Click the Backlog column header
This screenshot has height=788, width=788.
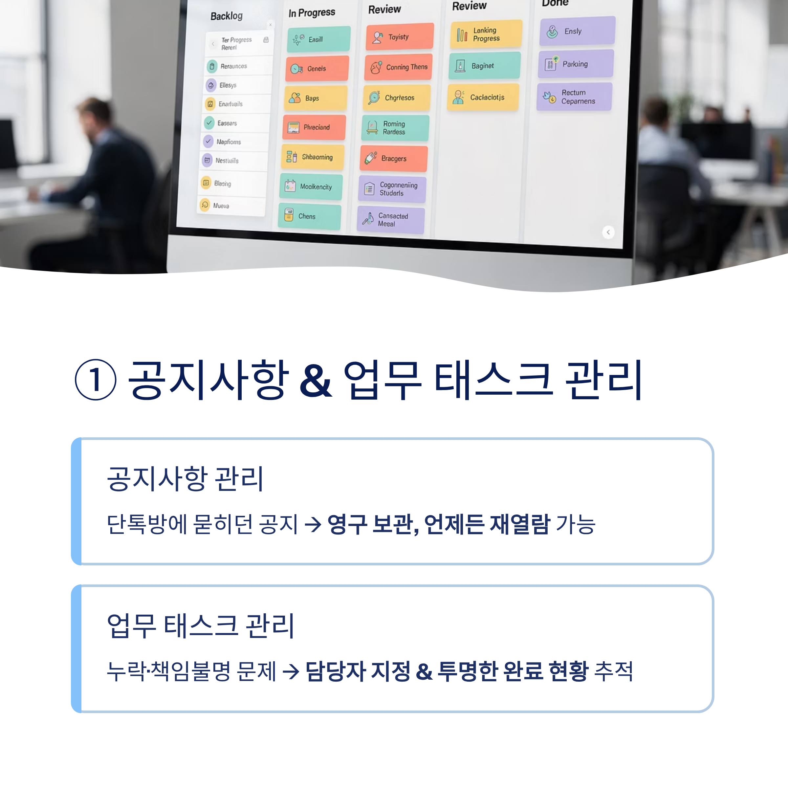(226, 16)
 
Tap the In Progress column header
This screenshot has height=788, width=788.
(312, 13)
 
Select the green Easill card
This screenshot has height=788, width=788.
(318, 39)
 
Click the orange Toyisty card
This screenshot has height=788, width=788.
(399, 37)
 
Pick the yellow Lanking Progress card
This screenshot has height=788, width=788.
(486, 34)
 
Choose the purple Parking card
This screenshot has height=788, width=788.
(576, 64)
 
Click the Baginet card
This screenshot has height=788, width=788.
(484, 66)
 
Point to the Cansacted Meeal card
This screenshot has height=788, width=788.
(390, 220)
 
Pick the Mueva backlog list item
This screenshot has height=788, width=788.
(231, 206)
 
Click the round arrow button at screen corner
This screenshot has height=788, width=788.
(608, 232)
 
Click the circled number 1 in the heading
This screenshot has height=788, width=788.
(96, 380)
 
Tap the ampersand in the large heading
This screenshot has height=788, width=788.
(315, 381)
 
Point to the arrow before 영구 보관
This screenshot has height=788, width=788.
(313, 525)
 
